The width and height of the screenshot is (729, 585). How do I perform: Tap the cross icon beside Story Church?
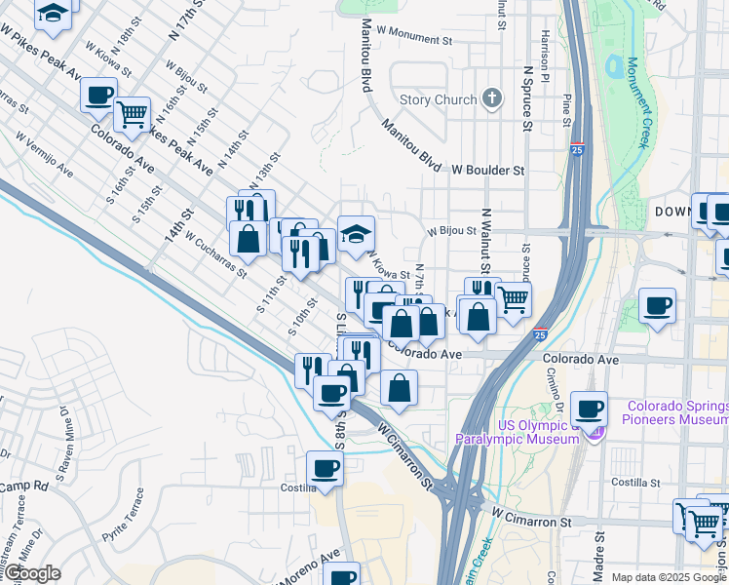pyautogui.click(x=493, y=98)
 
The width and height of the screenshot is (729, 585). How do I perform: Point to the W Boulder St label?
pyautogui.click(x=487, y=170)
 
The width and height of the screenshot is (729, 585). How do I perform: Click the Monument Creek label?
pyautogui.click(x=637, y=101)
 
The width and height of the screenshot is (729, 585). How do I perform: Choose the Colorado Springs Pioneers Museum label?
pyautogui.click(x=677, y=412)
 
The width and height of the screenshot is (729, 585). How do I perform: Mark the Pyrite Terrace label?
pyautogui.click(x=124, y=515)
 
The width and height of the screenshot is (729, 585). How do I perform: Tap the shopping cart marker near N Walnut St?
pyautogui.click(x=513, y=297)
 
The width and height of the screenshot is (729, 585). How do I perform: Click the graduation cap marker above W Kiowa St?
pyautogui.click(x=356, y=233)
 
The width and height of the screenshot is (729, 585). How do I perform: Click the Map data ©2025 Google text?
pyautogui.click(x=668, y=577)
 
